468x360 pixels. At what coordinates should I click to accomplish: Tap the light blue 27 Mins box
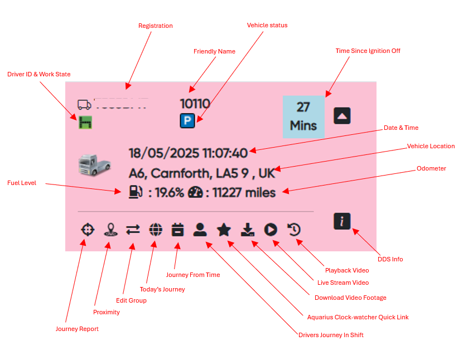point(303,116)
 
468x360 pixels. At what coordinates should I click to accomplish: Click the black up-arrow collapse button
point(342,115)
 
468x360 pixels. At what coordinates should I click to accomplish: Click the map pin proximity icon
point(110,230)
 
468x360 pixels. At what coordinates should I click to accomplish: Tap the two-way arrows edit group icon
point(133,230)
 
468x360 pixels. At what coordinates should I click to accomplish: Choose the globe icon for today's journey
point(156,230)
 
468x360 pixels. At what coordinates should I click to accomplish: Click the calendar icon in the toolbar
point(177,230)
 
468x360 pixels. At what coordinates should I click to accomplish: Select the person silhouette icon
point(200,230)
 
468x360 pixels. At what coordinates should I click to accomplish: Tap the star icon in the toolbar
point(224,230)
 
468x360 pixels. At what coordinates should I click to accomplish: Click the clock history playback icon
point(294,230)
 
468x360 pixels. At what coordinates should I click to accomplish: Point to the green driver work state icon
point(85,121)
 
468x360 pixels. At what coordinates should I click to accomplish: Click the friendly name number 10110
point(195,103)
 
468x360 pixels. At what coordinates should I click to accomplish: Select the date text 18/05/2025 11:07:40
point(188,153)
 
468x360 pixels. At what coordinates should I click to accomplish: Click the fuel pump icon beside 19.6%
point(136,192)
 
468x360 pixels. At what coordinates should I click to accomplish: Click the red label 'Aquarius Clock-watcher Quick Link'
point(358,317)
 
